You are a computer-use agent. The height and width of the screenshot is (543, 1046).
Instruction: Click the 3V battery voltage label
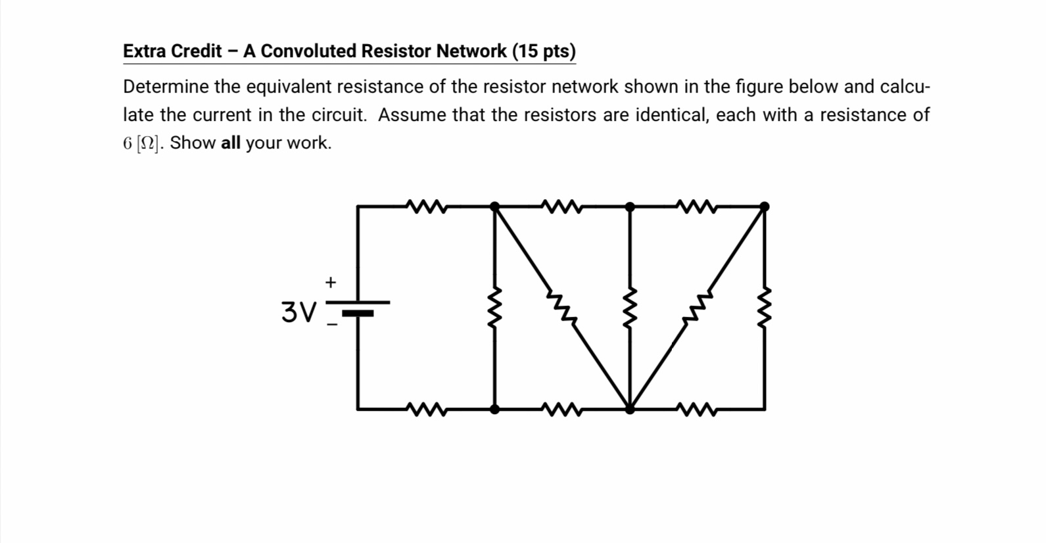[x=298, y=311]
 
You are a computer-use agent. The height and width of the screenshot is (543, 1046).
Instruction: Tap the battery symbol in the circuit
[x=358, y=308]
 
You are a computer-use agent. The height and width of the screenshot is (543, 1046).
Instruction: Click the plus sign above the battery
[x=331, y=282]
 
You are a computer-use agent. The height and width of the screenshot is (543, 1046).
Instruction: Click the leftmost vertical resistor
[x=495, y=308]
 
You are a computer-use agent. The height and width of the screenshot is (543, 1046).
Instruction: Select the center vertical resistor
[x=630, y=308]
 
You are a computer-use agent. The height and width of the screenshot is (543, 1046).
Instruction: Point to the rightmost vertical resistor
[x=764, y=308]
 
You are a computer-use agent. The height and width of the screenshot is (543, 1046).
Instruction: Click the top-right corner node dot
[x=764, y=206]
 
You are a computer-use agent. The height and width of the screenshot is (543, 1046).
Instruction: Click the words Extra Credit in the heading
[x=172, y=51]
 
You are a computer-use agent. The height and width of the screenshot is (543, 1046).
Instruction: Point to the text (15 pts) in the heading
[x=543, y=51]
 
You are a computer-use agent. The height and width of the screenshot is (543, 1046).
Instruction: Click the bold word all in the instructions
[x=231, y=143]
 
